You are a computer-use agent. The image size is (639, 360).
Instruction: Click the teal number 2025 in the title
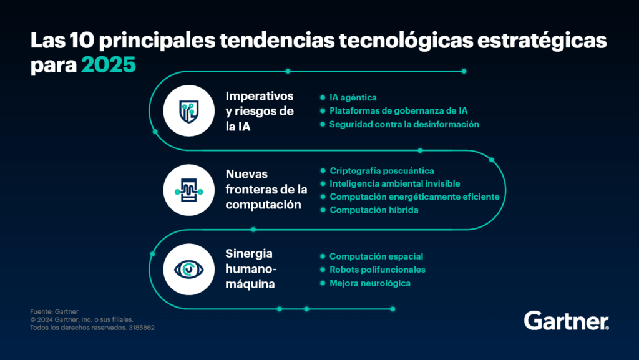pos(108,65)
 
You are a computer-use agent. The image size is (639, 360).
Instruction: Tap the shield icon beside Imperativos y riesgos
pos(188,111)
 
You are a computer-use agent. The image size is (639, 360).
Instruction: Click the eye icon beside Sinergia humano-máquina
pos(188,269)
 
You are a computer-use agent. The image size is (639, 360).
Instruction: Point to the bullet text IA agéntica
pos(353,97)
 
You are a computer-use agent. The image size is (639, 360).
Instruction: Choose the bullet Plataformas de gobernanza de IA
pos(398,110)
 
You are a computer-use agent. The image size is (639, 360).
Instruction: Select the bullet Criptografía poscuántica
pos(381,170)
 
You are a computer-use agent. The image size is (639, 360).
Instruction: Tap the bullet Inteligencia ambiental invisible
pos(394,183)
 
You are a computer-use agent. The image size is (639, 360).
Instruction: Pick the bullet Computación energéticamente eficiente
pos(414,197)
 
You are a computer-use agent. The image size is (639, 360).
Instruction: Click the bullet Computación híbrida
pos(374,210)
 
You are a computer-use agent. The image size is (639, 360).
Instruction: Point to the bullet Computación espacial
pos(376,256)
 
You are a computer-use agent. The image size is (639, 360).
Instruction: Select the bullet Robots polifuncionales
pos(377,270)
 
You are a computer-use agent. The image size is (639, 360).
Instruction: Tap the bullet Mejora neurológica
pos(369,283)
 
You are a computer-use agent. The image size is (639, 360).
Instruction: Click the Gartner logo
pos(566,321)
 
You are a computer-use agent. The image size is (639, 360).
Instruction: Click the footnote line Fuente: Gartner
pos(49,311)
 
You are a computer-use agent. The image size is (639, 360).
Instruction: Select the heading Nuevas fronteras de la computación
pos(266,189)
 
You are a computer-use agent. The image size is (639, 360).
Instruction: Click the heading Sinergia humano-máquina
pos(251,269)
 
